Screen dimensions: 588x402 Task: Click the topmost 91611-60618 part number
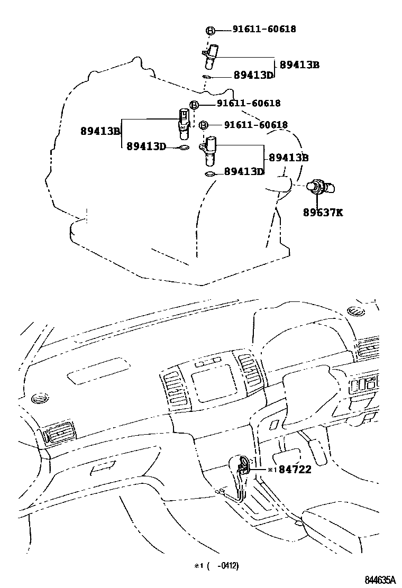(x=264, y=30)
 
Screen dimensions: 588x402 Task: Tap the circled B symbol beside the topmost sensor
(x=210, y=31)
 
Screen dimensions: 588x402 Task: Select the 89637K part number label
(x=323, y=213)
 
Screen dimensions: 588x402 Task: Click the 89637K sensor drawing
(x=321, y=186)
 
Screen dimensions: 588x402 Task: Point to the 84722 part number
(x=295, y=469)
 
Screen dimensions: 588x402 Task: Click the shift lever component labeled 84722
(x=243, y=465)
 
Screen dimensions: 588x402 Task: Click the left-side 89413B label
(x=101, y=130)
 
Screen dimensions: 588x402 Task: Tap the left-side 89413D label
(x=147, y=146)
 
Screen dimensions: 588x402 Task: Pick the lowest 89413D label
(x=244, y=171)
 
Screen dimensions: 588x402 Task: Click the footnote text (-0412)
(x=222, y=566)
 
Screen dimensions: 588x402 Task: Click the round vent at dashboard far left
(x=39, y=397)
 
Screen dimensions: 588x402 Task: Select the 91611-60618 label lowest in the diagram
(x=255, y=125)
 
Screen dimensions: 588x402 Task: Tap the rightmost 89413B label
(x=288, y=158)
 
